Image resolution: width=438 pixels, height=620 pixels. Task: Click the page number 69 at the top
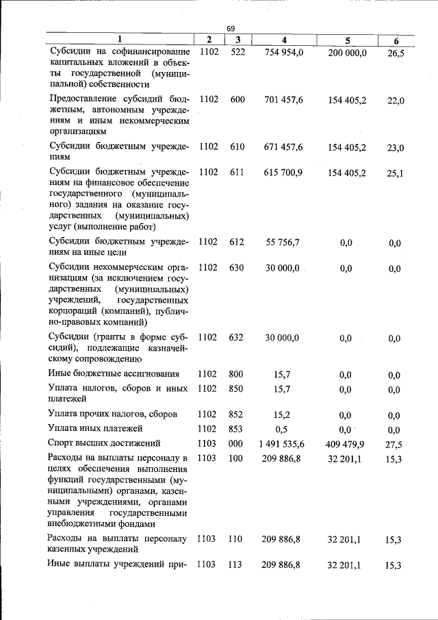click(231, 29)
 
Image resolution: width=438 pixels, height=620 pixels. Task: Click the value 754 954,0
click(283, 53)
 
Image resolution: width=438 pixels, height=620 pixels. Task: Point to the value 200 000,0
click(347, 53)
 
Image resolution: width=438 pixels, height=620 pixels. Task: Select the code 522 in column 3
click(237, 53)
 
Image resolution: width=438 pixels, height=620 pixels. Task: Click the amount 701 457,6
click(283, 100)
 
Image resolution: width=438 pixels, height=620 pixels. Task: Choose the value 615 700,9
click(283, 173)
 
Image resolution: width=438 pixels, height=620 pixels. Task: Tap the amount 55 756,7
click(283, 242)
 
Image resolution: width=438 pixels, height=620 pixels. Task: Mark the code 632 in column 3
click(237, 337)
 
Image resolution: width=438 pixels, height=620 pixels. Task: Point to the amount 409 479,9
click(347, 444)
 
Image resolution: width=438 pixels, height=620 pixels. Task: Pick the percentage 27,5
click(394, 445)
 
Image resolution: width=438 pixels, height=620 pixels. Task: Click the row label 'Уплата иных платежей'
click(95, 429)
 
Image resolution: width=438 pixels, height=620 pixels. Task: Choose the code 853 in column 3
click(237, 430)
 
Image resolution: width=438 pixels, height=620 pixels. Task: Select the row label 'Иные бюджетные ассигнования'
click(114, 374)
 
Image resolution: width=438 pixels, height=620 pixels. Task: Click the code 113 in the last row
click(235, 565)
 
